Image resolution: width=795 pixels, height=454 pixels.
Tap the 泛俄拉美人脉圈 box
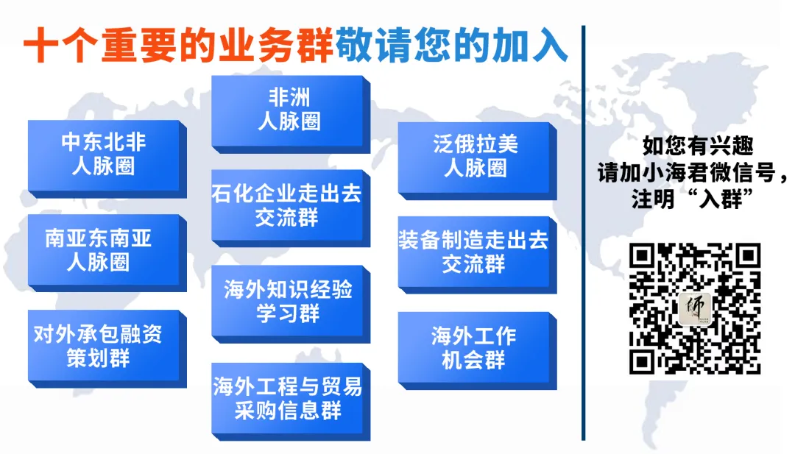[475, 155]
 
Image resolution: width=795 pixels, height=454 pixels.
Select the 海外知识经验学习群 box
[288, 300]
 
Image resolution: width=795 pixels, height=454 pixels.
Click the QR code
[694, 308]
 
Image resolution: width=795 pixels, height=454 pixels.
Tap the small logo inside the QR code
[694, 308]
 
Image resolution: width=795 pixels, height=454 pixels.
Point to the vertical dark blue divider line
[583, 235]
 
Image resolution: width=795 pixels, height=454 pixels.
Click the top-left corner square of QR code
[643, 256]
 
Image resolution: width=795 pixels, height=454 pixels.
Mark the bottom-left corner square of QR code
[643, 361]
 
